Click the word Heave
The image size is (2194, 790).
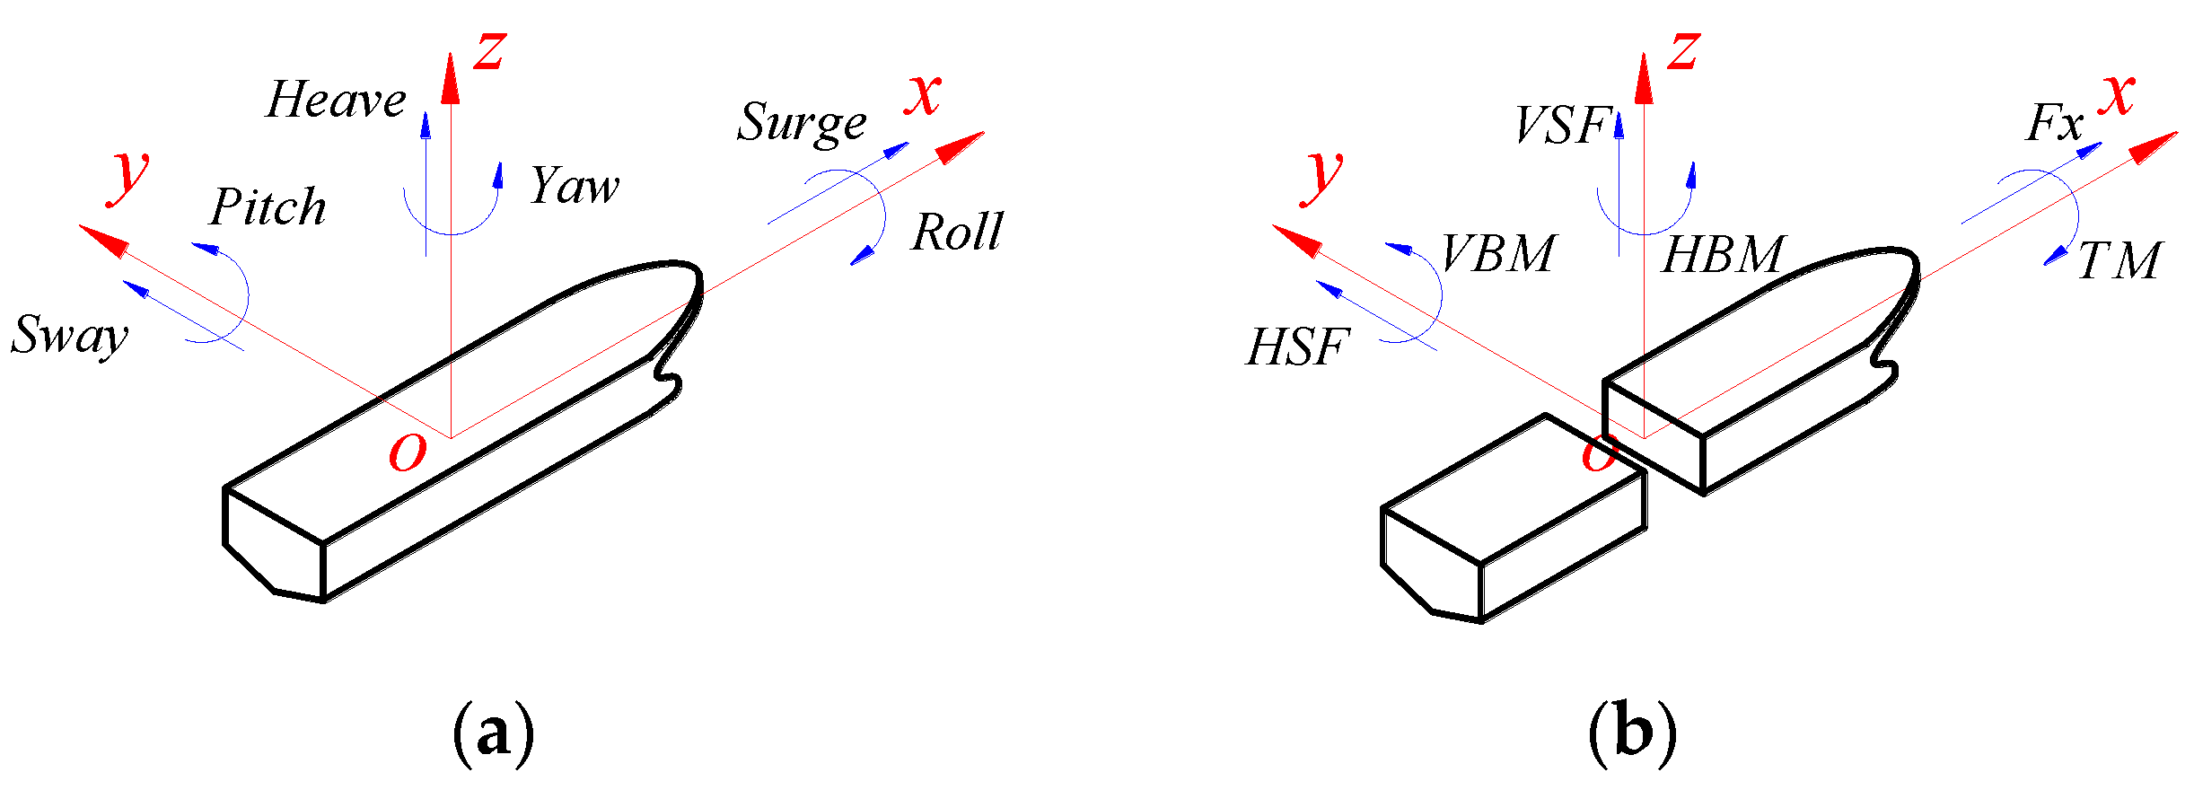tap(336, 101)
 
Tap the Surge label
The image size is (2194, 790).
tap(802, 124)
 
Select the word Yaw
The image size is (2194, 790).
tap(575, 187)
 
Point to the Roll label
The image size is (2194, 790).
tap(957, 233)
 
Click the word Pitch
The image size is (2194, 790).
tap(268, 207)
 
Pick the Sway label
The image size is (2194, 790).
tap(70, 337)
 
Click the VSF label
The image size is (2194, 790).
tap(1561, 126)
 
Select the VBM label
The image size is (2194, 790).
tap(1497, 253)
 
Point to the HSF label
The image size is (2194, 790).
tap(1298, 347)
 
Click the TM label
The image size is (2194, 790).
tap(2119, 261)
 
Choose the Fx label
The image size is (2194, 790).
tap(2054, 123)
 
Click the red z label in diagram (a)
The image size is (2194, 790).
tap(490, 51)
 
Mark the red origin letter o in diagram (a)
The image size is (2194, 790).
tap(407, 453)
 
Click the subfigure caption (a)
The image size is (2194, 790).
tap(494, 734)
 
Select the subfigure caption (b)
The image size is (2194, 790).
tap(1632, 734)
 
